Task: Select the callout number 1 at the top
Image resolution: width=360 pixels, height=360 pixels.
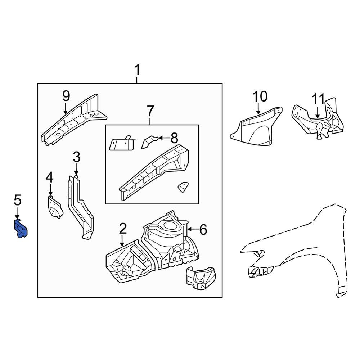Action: click(137, 70)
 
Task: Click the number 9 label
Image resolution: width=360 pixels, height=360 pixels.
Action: click(66, 96)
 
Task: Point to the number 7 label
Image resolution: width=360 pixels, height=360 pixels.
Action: click(150, 111)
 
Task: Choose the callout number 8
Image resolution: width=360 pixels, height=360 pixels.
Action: click(174, 138)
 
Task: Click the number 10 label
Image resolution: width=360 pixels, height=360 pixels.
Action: click(260, 96)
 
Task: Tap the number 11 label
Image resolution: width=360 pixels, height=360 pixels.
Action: click(318, 99)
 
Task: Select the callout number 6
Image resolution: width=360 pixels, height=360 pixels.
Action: click(203, 229)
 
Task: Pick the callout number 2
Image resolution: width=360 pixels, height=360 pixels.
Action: click(122, 228)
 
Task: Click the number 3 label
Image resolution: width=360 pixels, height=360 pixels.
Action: click(76, 157)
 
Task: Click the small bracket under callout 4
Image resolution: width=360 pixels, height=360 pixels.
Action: click(54, 207)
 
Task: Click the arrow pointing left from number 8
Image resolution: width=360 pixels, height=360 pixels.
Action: click(164, 138)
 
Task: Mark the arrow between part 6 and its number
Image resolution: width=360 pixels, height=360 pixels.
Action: click(193, 229)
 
